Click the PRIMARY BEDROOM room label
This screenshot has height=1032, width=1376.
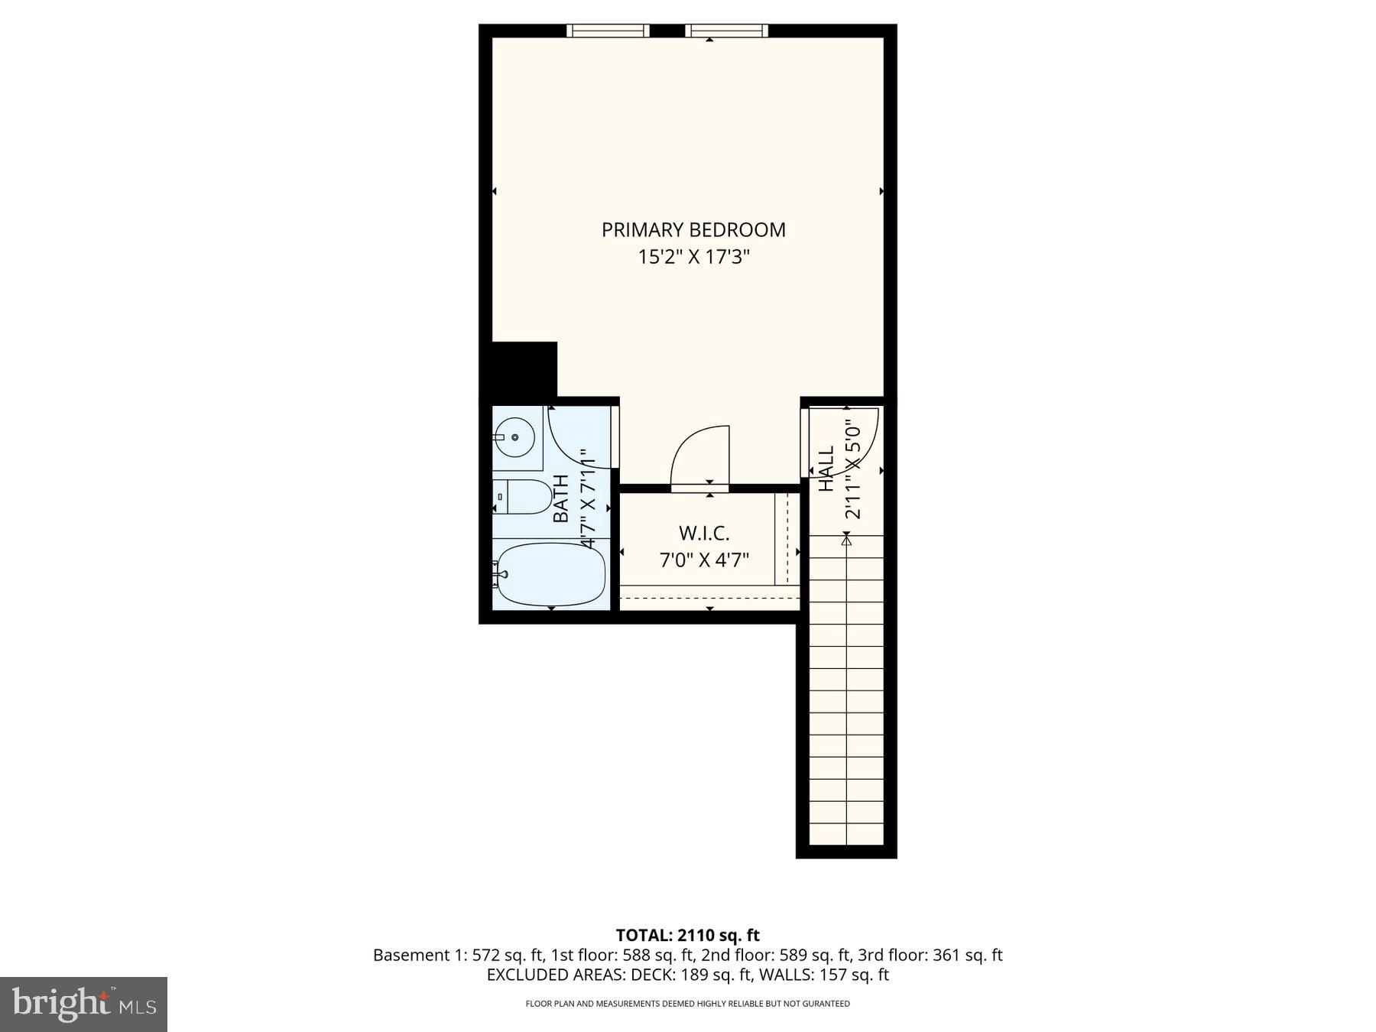(693, 230)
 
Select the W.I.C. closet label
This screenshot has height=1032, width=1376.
(704, 533)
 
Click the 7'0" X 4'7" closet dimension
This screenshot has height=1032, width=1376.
(704, 560)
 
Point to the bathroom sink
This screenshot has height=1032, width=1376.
(515, 438)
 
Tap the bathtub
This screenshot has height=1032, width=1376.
(550, 575)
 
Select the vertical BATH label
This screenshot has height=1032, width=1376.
(561, 498)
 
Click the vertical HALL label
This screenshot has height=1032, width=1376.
(827, 469)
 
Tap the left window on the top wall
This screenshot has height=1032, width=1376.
(608, 31)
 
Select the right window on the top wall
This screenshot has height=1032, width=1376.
(726, 31)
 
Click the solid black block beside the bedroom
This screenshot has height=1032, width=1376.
(524, 368)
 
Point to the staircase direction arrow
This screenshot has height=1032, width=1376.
(846, 540)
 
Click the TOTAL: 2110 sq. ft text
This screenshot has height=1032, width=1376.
(687, 935)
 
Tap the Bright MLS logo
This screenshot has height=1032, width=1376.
(83, 1004)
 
